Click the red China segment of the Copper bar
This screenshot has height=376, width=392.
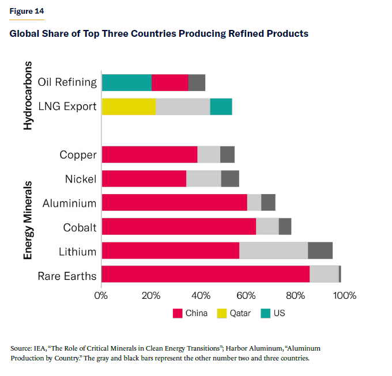pos(149,155)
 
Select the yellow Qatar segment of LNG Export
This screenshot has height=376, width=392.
pos(129,107)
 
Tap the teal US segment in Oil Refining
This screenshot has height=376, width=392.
pos(127,82)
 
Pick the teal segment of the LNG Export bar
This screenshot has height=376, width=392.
pos(221,107)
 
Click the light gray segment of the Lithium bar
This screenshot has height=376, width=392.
pos(273,251)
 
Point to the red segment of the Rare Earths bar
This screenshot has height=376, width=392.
pos(205,275)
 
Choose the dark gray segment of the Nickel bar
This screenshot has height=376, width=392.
pos(230,179)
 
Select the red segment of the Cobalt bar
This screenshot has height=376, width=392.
pos(179,227)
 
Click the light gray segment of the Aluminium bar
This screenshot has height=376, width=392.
pos(254,203)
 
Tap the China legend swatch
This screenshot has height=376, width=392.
pos(178,314)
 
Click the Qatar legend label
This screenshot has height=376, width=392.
pos(240,314)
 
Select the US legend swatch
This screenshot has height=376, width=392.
pos(265,314)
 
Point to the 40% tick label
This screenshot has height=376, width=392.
pos(199,296)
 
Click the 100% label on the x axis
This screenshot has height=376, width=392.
pos(345,296)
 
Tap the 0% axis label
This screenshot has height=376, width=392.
pos(101,296)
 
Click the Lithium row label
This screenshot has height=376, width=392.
pos(78,252)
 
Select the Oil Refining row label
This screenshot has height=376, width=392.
pos(67,82)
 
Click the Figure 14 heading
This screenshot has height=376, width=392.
pos(27,11)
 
